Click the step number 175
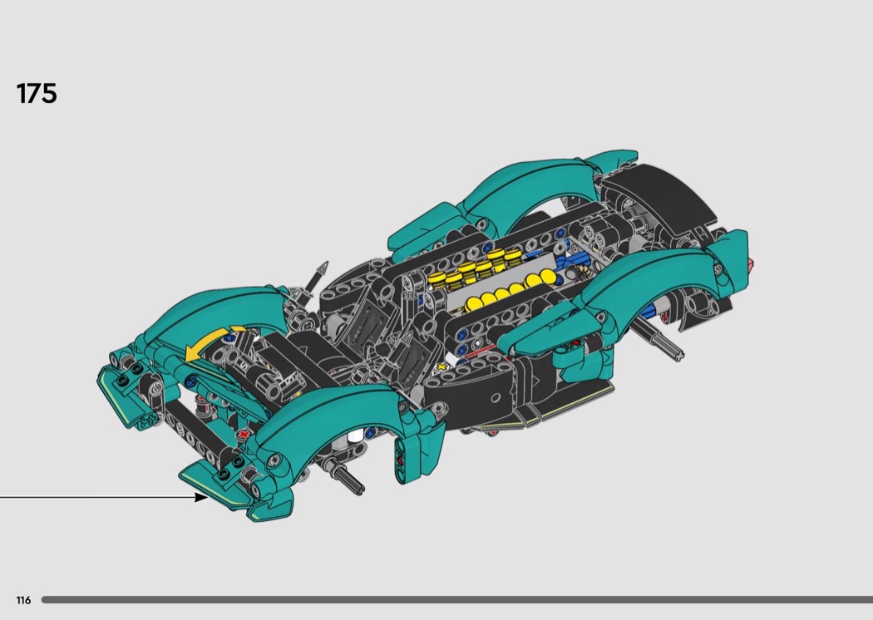(x=37, y=94)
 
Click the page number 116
(x=23, y=600)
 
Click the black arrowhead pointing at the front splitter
(x=201, y=497)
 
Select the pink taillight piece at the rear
(x=751, y=263)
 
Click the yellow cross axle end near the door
(x=442, y=367)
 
